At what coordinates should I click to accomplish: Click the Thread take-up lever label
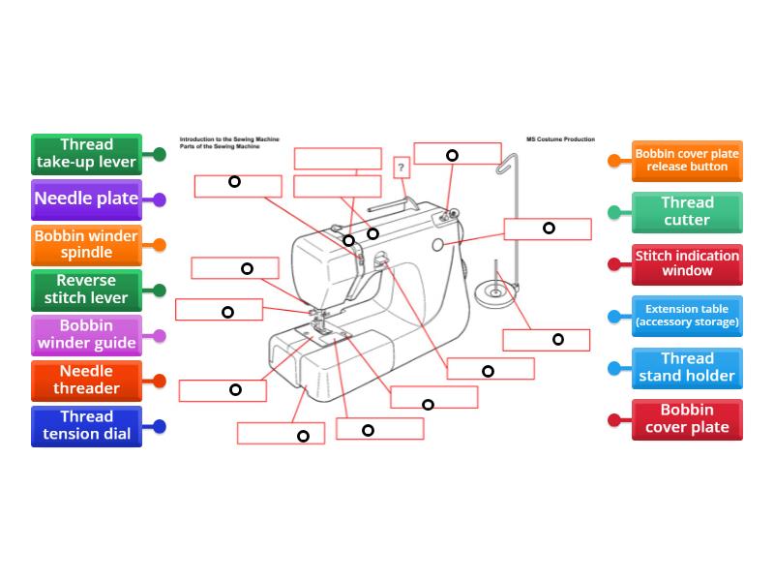pyautogui.click(x=87, y=154)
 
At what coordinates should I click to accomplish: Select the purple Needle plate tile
pyautogui.click(x=87, y=199)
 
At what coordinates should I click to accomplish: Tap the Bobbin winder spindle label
pyautogui.click(x=87, y=244)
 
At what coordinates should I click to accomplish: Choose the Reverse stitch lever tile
pyautogui.click(x=87, y=290)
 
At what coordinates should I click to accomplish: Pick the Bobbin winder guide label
pyautogui.click(x=87, y=335)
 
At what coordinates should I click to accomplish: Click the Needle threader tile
pyautogui.click(x=87, y=381)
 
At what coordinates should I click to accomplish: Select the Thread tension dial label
pyautogui.click(x=87, y=426)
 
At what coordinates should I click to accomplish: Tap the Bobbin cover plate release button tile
pyautogui.click(x=687, y=160)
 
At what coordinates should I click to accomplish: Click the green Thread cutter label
pyautogui.click(x=687, y=212)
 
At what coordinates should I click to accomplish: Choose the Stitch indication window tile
pyautogui.click(x=687, y=263)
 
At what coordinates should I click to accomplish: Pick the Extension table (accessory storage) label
pyautogui.click(x=687, y=316)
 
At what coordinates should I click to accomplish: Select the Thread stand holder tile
pyautogui.click(x=687, y=368)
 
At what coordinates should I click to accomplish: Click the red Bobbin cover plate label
pyautogui.click(x=687, y=419)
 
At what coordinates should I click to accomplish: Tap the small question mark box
pyautogui.click(x=402, y=168)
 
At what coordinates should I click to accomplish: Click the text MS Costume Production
pyautogui.click(x=560, y=139)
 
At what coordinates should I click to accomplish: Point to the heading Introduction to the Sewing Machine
pyautogui.click(x=229, y=139)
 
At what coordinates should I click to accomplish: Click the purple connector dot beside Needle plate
pyautogui.click(x=160, y=199)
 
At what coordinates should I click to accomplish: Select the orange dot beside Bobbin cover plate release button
pyautogui.click(x=613, y=161)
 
